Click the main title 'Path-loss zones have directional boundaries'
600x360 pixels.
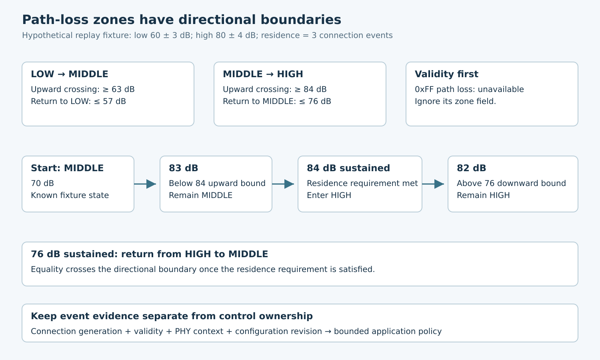pos(182,20)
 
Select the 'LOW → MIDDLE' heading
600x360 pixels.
pos(69,74)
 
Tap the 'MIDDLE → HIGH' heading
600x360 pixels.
pos(263,74)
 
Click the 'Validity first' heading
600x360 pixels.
pos(446,74)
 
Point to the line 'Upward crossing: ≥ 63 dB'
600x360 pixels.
pos(83,89)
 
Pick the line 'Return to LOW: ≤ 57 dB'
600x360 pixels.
pos(78,101)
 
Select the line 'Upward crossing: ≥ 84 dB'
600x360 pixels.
pos(275,89)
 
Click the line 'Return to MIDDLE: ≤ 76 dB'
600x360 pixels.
pos(277,101)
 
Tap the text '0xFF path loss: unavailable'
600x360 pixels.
pos(469,89)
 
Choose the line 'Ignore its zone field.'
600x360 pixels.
pos(455,101)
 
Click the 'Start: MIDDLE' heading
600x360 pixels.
pos(67,168)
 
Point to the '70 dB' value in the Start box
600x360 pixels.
pos(42,183)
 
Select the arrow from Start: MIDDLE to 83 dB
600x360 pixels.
pos(145,184)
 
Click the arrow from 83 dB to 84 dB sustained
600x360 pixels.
pos(283,184)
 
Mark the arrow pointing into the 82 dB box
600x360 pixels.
pos(433,184)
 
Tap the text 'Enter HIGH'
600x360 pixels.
pos(329,195)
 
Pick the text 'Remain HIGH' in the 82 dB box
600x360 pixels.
pos(483,195)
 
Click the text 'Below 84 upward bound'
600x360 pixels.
pos(217,183)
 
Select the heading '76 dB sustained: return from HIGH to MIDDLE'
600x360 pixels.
pos(150,254)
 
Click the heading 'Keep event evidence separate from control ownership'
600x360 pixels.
pos(172,316)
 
